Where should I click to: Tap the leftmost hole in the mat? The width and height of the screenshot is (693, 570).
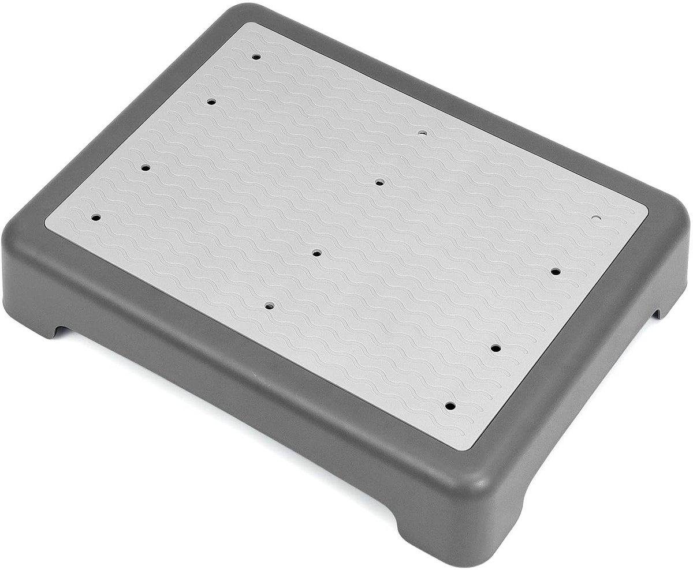click(x=96, y=217)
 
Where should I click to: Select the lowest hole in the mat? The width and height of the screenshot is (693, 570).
click(x=450, y=406)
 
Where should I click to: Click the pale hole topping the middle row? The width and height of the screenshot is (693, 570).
click(x=423, y=132)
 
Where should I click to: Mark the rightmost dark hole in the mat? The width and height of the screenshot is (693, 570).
click(x=556, y=271)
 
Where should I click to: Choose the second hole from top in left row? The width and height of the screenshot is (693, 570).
click(x=211, y=102)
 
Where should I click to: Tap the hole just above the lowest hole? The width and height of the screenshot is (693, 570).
click(x=495, y=348)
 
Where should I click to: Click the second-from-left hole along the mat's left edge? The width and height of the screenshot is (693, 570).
click(x=146, y=167)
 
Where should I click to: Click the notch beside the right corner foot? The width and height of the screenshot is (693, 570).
click(x=657, y=313)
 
